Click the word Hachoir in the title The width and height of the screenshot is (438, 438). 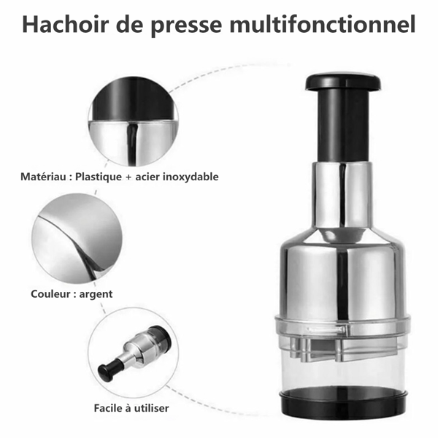(65, 24)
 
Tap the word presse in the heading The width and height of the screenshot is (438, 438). (187, 26)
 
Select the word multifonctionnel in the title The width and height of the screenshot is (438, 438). (323, 24)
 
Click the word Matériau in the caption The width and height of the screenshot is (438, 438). (43, 177)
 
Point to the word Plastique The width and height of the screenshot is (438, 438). (99, 177)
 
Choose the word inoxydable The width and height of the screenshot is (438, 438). (191, 177)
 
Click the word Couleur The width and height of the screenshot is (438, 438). (50, 294)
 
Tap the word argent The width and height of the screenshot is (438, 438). (96, 295)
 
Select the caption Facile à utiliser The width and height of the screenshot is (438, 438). (131, 408)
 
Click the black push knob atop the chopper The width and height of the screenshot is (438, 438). (343, 81)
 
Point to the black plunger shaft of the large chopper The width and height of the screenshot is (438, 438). (344, 126)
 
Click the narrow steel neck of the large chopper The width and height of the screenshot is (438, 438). (342, 196)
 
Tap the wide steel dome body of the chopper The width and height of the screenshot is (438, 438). (342, 277)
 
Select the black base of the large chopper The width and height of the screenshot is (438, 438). (343, 401)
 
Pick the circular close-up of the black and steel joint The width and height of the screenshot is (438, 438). (134, 121)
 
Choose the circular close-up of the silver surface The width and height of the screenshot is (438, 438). (77, 238)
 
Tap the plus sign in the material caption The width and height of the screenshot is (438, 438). (128, 177)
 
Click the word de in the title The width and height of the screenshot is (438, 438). (130, 24)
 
